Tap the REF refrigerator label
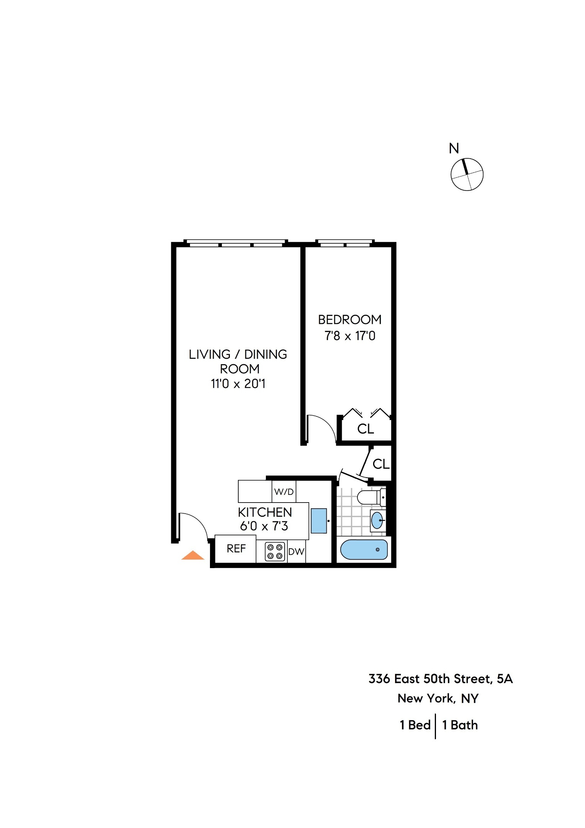pyautogui.click(x=236, y=549)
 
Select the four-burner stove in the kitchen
pyautogui.click(x=275, y=552)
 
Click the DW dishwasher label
pyautogui.click(x=296, y=552)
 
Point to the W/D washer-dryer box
pyautogui.click(x=284, y=491)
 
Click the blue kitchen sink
pyautogui.click(x=318, y=521)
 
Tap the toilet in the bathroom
pyautogui.click(x=370, y=497)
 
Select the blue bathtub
pyautogui.click(x=364, y=550)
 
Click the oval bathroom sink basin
pyautogui.click(x=377, y=520)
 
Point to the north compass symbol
pyautogui.click(x=467, y=174)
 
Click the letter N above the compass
pyautogui.click(x=454, y=148)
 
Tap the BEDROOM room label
pyautogui.click(x=350, y=320)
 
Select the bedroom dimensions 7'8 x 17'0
pyautogui.click(x=350, y=336)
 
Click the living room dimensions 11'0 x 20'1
pyautogui.click(x=238, y=384)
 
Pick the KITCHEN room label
pyautogui.click(x=265, y=512)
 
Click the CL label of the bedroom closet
pyautogui.click(x=365, y=429)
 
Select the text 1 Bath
pyautogui.click(x=460, y=725)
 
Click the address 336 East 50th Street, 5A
pyautogui.click(x=440, y=679)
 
